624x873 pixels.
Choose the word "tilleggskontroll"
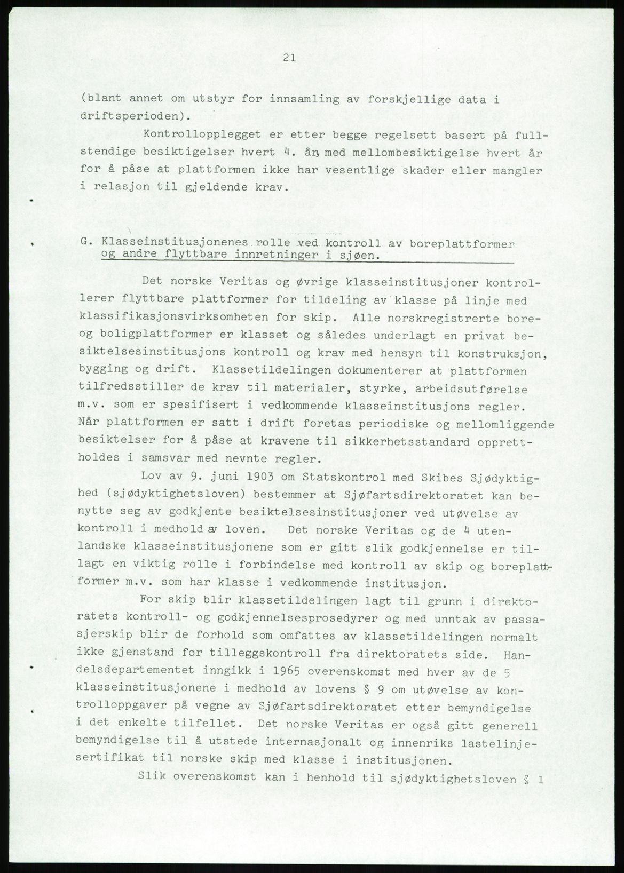click(261, 654)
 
